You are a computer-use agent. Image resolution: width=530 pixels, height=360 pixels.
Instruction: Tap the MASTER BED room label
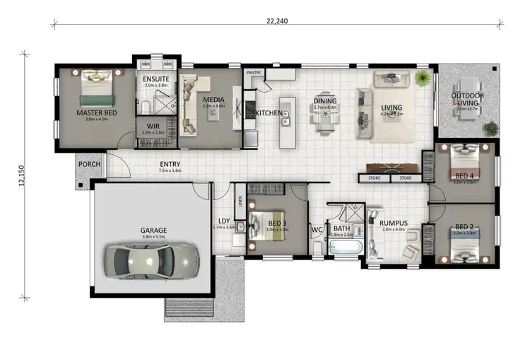click(96, 112)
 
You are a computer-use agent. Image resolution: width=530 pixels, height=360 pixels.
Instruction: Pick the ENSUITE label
click(155, 79)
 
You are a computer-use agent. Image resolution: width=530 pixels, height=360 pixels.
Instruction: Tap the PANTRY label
click(254, 73)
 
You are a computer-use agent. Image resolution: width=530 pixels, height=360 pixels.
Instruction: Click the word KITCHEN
click(269, 113)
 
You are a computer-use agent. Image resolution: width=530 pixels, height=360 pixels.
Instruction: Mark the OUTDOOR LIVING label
click(468, 99)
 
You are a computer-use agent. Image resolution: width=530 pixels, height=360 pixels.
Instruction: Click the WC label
click(317, 229)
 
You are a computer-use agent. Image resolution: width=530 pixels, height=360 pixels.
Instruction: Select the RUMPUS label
click(393, 221)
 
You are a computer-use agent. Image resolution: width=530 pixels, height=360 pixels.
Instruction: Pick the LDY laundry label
click(223, 220)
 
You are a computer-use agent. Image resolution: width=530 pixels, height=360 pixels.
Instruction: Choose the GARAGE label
click(153, 231)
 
